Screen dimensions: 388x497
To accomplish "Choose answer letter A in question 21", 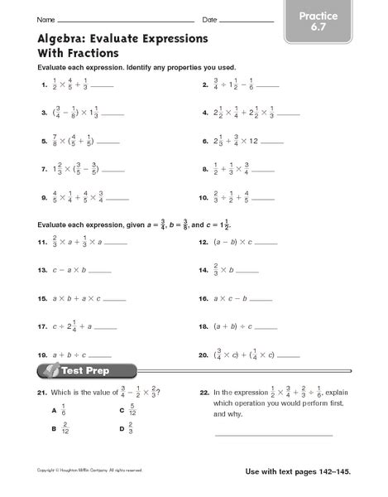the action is click(x=53, y=411).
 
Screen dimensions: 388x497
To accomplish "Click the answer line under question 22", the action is click(x=273, y=434).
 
